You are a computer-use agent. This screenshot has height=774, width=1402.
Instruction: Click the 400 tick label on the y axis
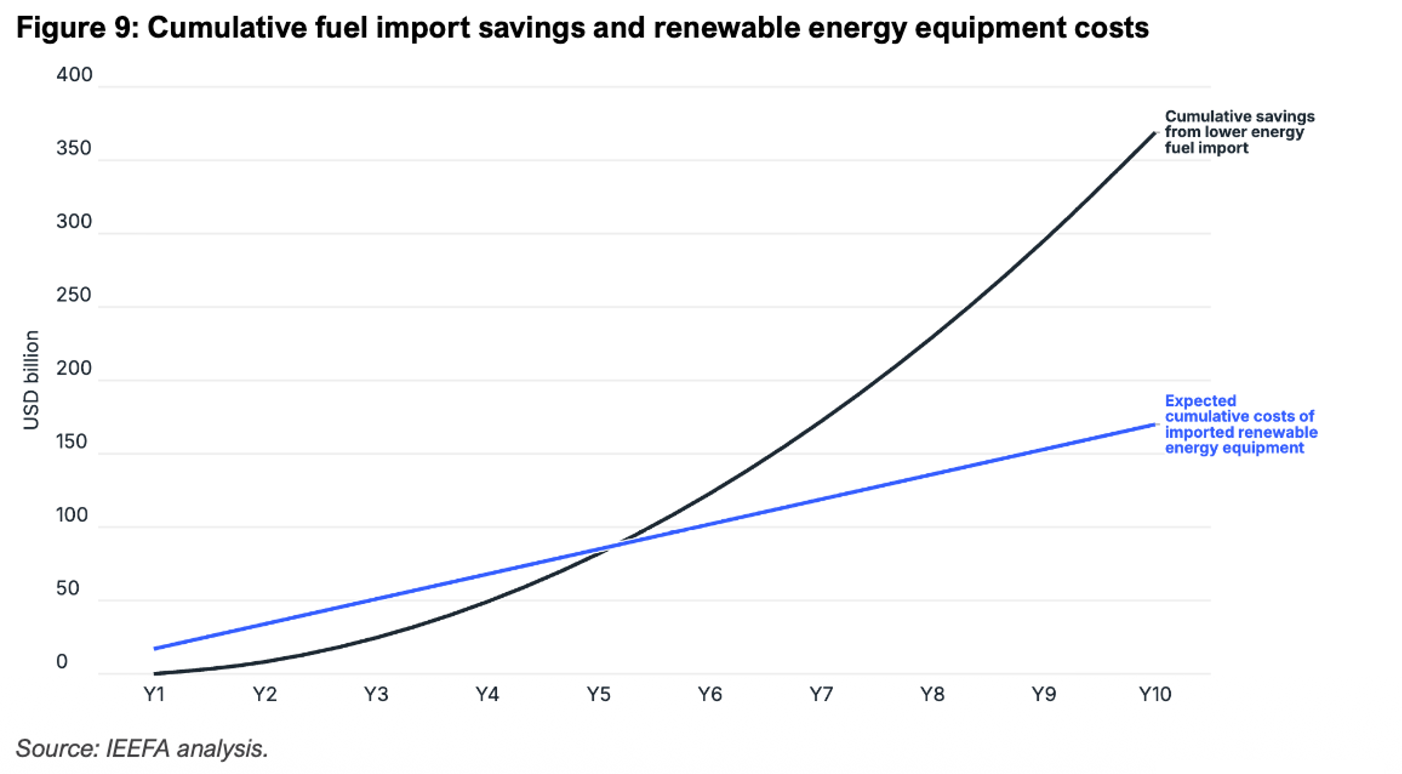[74, 74]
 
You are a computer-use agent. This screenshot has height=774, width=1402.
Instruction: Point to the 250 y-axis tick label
[74, 295]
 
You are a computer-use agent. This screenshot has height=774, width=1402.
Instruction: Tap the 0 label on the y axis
[62, 662]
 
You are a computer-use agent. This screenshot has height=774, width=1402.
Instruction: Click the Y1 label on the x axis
[154, 695]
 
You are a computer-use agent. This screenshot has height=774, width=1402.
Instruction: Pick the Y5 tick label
[599, 695]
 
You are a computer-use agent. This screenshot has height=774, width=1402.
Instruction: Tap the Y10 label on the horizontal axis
[1155, 695]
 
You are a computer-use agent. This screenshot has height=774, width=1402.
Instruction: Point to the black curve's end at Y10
[1154, 133]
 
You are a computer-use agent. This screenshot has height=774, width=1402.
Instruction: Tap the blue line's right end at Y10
[1154, 424]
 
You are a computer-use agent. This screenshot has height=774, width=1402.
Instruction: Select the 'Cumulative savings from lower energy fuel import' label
[1240, 132]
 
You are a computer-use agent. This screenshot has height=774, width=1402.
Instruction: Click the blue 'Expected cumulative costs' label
[1241, 424]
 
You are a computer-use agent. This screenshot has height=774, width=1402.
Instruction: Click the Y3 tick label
[376, 695]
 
